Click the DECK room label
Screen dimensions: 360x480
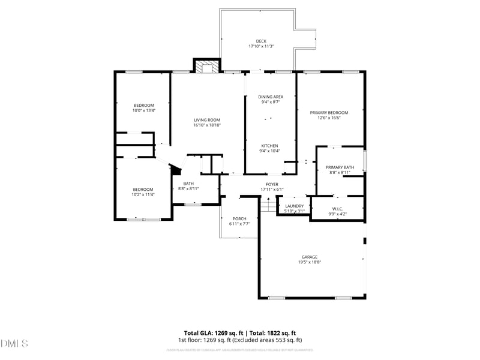(261, 41)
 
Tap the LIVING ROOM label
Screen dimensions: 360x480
(207, 120)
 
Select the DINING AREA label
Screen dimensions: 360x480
(271, 97)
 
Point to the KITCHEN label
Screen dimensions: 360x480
(269, 146)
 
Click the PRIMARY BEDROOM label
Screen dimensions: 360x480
(329, 112)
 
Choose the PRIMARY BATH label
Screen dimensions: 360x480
(340, 167)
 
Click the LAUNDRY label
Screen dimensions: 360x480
(294, 206)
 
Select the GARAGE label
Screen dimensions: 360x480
(310, 257)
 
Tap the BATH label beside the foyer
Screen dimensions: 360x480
(188, 184)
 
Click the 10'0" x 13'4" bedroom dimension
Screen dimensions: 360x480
(144, 110)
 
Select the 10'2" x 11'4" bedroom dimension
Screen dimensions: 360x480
(143, 194)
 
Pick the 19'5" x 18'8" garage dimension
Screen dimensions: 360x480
(310, 262)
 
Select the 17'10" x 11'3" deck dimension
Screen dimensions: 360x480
(261, 46)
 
